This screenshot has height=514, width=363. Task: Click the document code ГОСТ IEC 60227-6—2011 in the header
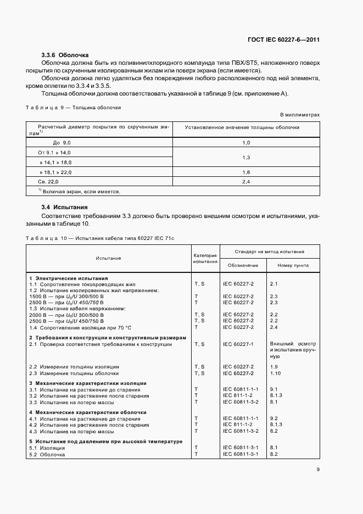[283, 40]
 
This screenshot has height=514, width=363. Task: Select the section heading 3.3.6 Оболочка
[65, 55]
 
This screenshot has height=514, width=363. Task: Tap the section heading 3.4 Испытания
[64, 208]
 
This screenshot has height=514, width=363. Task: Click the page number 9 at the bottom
[318, 470]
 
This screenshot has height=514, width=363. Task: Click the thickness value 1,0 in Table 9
[245, 143]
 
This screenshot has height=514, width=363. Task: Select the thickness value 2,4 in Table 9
[245, 181]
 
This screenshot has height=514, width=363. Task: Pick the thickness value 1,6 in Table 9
[245, 172]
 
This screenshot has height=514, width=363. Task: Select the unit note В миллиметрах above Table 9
[299, 115]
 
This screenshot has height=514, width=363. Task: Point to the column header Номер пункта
[293, 265]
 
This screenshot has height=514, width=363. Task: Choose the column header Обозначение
[242, 265]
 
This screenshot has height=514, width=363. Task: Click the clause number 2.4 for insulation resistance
[274, 327]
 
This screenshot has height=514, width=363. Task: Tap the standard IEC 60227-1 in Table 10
[238, 344]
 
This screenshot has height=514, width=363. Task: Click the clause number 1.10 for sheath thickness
[275, 373]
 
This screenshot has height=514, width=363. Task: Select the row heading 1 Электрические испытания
[68, 278]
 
